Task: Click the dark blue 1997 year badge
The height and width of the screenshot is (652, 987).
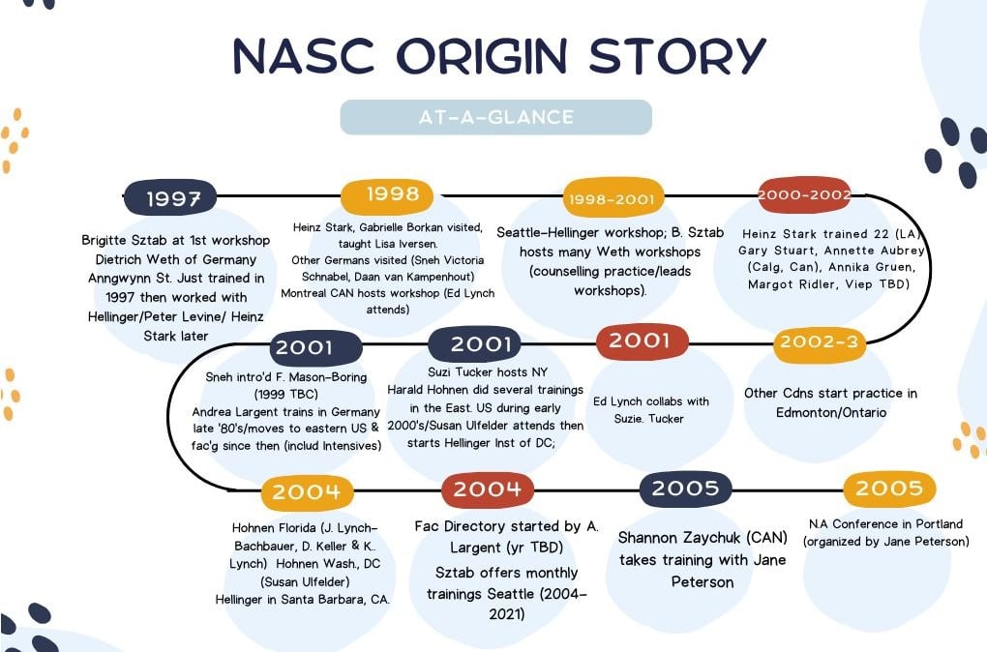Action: [170, 197]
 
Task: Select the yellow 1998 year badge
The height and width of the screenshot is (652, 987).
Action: [387, 195]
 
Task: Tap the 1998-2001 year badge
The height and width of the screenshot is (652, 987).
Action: [613, 199]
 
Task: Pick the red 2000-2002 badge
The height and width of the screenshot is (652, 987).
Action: [804, 195]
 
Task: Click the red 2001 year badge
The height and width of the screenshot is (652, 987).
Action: [643, 341]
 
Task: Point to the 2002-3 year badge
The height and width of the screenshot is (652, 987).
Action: [820, 343]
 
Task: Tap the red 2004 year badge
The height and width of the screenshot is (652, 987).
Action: [488, 489]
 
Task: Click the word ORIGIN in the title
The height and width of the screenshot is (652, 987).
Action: [482, 56]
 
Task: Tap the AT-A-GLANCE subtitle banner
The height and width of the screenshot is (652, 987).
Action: [496, 117]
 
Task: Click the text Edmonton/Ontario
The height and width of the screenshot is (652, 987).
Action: [831, 413]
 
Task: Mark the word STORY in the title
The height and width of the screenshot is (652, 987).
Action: [677, 56]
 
